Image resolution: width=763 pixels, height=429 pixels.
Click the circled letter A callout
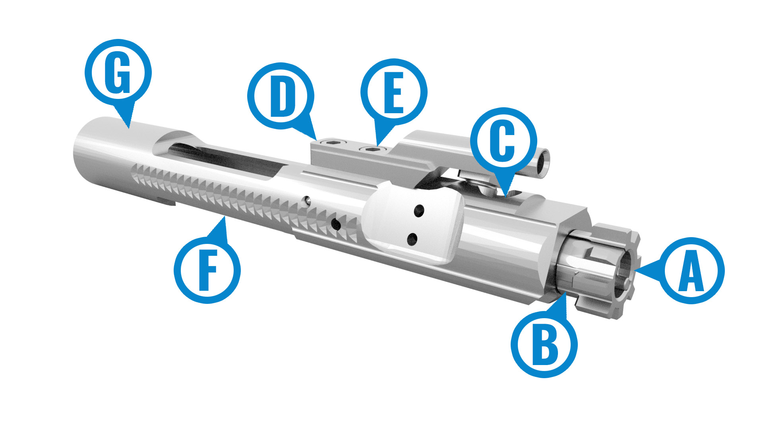tap(691, 271)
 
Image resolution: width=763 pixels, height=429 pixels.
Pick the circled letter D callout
tap(281, 96)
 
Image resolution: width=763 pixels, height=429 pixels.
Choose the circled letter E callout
tap(394, 92)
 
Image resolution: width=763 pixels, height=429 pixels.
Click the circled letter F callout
tap(207, 270)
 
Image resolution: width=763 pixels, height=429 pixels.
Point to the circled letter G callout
tap(118, 73)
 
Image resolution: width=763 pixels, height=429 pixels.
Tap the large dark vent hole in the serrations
tap(336, 225)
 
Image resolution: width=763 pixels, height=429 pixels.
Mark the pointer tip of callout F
tap(225, 216)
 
